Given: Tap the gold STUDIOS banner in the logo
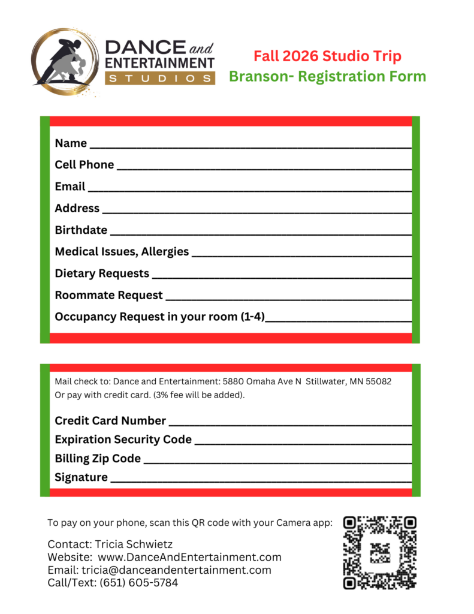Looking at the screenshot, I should pos(160,78).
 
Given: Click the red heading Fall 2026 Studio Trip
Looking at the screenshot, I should pos(327,56).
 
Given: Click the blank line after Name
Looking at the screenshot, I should pos(250,145).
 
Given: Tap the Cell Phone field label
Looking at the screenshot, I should pos(84,164).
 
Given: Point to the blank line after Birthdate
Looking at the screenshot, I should pos(261,231).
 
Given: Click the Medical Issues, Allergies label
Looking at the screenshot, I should pos(122,251).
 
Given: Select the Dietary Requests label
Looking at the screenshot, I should pos(102,273).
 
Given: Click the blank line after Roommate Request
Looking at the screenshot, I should pos(288,297).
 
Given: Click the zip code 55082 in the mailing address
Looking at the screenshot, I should pos(378,381).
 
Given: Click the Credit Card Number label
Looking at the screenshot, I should pos(110,421).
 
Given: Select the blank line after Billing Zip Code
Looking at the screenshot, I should pos(277,460).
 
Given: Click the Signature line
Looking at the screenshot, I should pos(261,479).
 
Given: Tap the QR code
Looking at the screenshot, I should pos(379,552).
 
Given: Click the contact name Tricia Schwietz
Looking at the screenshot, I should pos(134,544).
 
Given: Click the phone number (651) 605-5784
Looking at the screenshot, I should pos(138,582).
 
